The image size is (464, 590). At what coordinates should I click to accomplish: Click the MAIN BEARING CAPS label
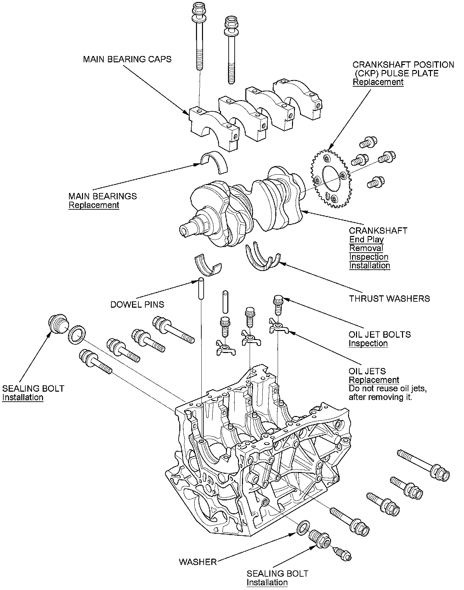pos(127,59)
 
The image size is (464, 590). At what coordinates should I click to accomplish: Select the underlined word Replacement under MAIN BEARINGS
pos(94,205)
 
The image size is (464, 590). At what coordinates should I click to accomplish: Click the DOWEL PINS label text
pos(137,305)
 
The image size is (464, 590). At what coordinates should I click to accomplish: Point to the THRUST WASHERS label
pos(389,299)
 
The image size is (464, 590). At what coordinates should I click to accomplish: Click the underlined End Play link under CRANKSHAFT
pos(366,239)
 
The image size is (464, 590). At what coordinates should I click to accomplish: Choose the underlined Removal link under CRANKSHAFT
pos(366,248)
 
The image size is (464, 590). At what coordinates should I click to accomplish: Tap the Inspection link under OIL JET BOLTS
pos(368,343)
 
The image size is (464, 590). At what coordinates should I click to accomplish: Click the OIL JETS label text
pos(367,371)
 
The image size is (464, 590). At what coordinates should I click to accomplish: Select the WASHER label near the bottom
pos(198,562)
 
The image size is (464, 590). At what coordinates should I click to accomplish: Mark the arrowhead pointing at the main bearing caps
pos(187,113)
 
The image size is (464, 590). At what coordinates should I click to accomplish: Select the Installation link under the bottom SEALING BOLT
pos(267,582)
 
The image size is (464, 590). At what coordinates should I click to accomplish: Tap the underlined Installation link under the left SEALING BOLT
pos(23,397)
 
